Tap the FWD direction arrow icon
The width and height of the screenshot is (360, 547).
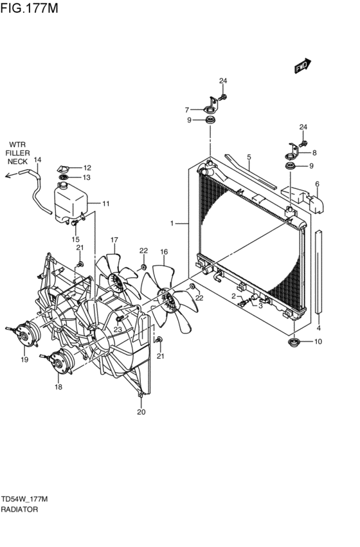302,66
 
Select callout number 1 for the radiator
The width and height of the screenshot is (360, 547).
172,223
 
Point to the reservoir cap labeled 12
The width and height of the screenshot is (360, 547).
66,167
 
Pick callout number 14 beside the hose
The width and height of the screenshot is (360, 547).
37,160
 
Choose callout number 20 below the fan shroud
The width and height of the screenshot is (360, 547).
141,412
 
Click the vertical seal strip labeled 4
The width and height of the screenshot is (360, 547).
319,270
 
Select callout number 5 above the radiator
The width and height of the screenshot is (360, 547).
249,157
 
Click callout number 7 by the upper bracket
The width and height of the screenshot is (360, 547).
187,109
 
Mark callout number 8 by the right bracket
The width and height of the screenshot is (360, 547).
314,153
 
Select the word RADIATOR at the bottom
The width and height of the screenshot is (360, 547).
19,509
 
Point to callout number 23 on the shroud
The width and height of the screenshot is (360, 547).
117,329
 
